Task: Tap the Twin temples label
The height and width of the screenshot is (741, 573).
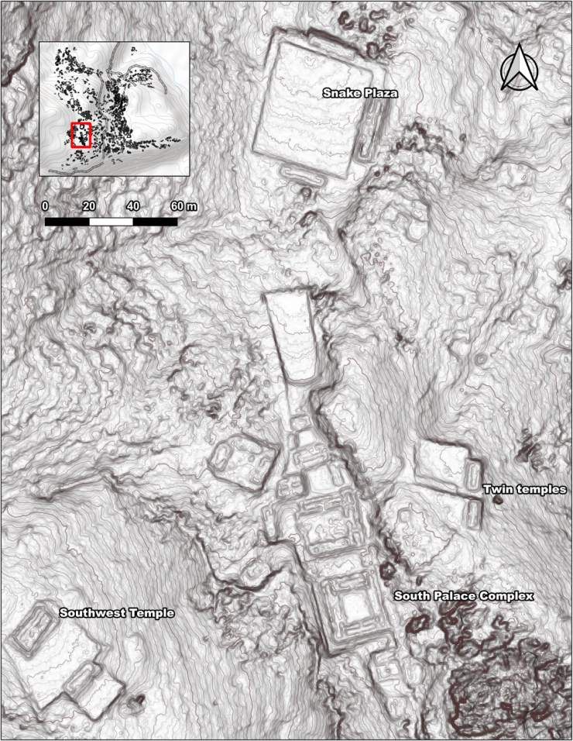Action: coord(526,489)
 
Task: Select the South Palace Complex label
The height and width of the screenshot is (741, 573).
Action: coord(464,596)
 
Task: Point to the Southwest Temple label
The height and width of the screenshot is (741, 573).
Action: coord(117,612)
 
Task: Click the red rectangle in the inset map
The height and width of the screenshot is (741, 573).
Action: coord(81,135)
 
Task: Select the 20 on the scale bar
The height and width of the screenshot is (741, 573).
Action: coord(89,206)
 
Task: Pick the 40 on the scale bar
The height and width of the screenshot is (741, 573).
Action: coord(133,206)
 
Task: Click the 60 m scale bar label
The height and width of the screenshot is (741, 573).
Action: coord(183,206)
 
